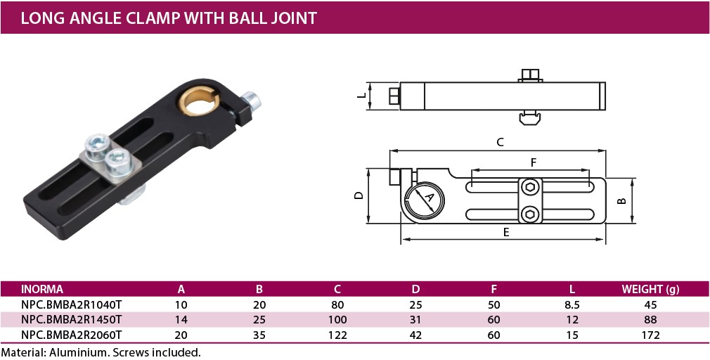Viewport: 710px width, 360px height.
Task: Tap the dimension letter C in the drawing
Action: [500, 142]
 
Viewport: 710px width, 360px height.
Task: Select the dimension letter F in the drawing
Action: [534, 162]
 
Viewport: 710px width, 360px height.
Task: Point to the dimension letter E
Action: [506, 233]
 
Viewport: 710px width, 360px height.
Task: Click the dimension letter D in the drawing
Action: [359, 196]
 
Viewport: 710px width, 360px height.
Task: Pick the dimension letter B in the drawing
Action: [621, 200]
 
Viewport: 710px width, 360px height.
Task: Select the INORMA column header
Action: [42, 289]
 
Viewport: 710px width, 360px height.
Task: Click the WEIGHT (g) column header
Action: [650, 289]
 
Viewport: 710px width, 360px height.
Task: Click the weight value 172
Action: [650, 335]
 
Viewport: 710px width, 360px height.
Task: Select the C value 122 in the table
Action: [337, 335]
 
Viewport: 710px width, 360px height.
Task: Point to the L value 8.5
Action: [572, 304]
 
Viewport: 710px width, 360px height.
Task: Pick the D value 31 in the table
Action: [415, 320]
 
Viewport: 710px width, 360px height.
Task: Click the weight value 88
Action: [650, 320]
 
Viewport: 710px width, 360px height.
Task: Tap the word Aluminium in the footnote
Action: [77, 352]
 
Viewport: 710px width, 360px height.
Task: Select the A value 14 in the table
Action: [181, 320]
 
